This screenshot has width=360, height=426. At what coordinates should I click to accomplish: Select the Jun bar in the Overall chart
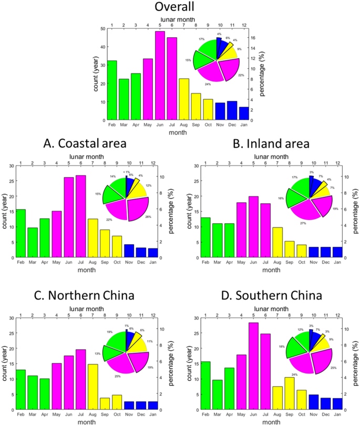point(160,76)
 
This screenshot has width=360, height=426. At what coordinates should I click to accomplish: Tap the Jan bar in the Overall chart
point(244,113)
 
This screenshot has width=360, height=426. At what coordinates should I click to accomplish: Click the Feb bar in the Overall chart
point(112,90)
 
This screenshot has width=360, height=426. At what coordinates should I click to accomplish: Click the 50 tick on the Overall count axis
point(101,29)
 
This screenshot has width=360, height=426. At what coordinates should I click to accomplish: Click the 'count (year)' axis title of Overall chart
point(96,75)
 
